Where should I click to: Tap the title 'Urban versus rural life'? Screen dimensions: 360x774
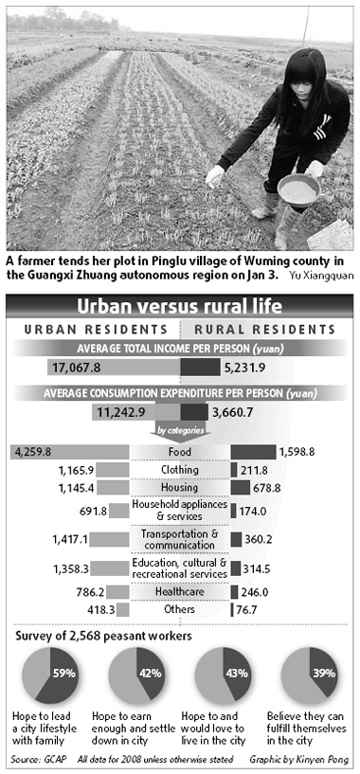tap(179, 307)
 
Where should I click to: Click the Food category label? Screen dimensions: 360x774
tap(179, 452)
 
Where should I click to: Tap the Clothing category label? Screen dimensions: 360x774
tap(179, 470)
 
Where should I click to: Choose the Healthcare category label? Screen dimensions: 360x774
tap(179, 592)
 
